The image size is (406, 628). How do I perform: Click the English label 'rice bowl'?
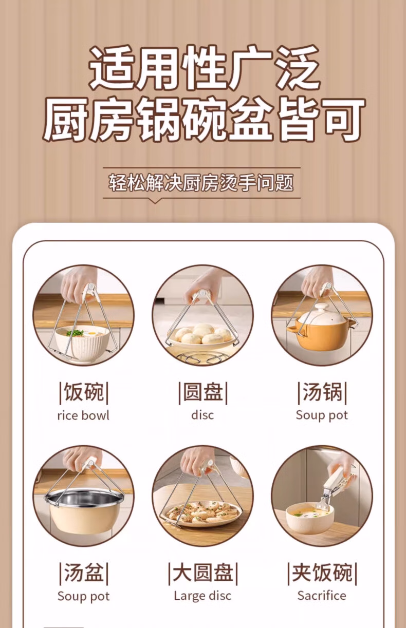click(83, 415)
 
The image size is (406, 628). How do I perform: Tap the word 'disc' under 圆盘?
click(202, 415)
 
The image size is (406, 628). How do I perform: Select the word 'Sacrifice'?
click(322, 596)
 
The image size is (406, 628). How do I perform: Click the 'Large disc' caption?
click(202, 596)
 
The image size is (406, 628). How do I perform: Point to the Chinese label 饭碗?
click(84, 392)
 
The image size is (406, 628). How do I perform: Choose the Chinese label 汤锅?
click(322, 392)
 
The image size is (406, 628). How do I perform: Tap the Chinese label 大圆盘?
click(203, 573)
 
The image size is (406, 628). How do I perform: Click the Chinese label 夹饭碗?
click(322, 573)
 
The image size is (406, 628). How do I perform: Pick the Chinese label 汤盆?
click(84, 573)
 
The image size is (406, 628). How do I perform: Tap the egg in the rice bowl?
click(92, 333)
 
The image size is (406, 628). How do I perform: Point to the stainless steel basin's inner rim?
click(84, 497)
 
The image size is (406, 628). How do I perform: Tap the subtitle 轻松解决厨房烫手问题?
click(201, 183)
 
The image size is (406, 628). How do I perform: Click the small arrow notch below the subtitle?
click(155, 200)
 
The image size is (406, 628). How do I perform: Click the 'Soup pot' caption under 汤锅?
click(322, 415)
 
